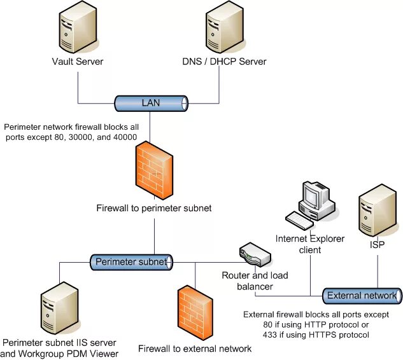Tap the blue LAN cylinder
pos(151,102)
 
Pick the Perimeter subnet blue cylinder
pos(131,261)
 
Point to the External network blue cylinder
pos(362,296)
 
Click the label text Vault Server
pos(78,62)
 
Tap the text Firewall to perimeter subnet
pos(153,208)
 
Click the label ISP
pos(377,244)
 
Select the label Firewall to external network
pos(195,349)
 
